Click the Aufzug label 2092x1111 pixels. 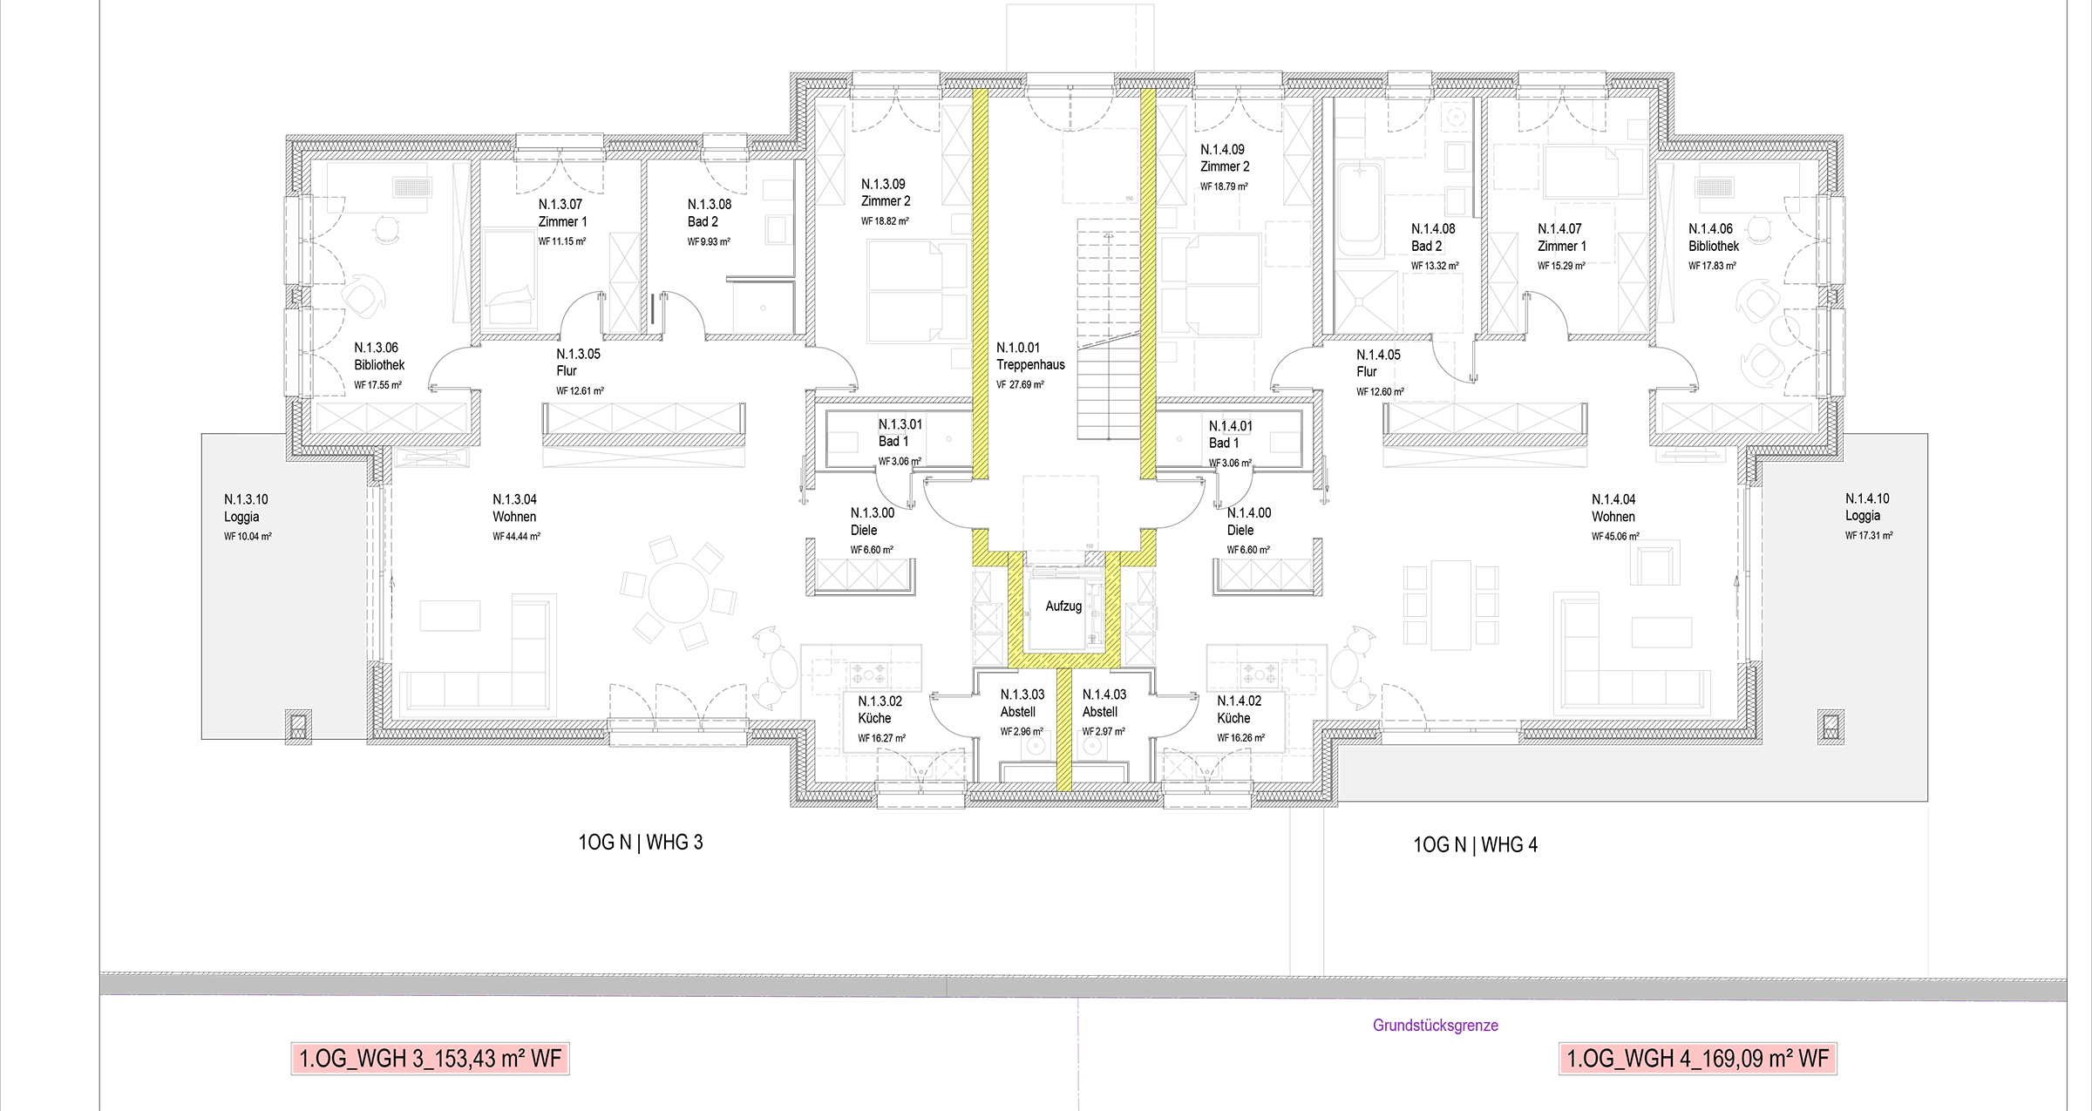1063,606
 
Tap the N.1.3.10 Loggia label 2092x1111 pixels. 245,508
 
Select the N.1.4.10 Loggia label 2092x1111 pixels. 1866,507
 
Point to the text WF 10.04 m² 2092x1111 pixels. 248,537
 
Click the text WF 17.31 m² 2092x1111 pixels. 1869,536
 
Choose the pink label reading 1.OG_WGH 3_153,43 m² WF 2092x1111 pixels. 431,1059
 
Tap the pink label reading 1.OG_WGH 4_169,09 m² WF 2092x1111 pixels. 1697,1059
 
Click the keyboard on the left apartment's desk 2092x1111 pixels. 411,186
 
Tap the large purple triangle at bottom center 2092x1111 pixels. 1078,1059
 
